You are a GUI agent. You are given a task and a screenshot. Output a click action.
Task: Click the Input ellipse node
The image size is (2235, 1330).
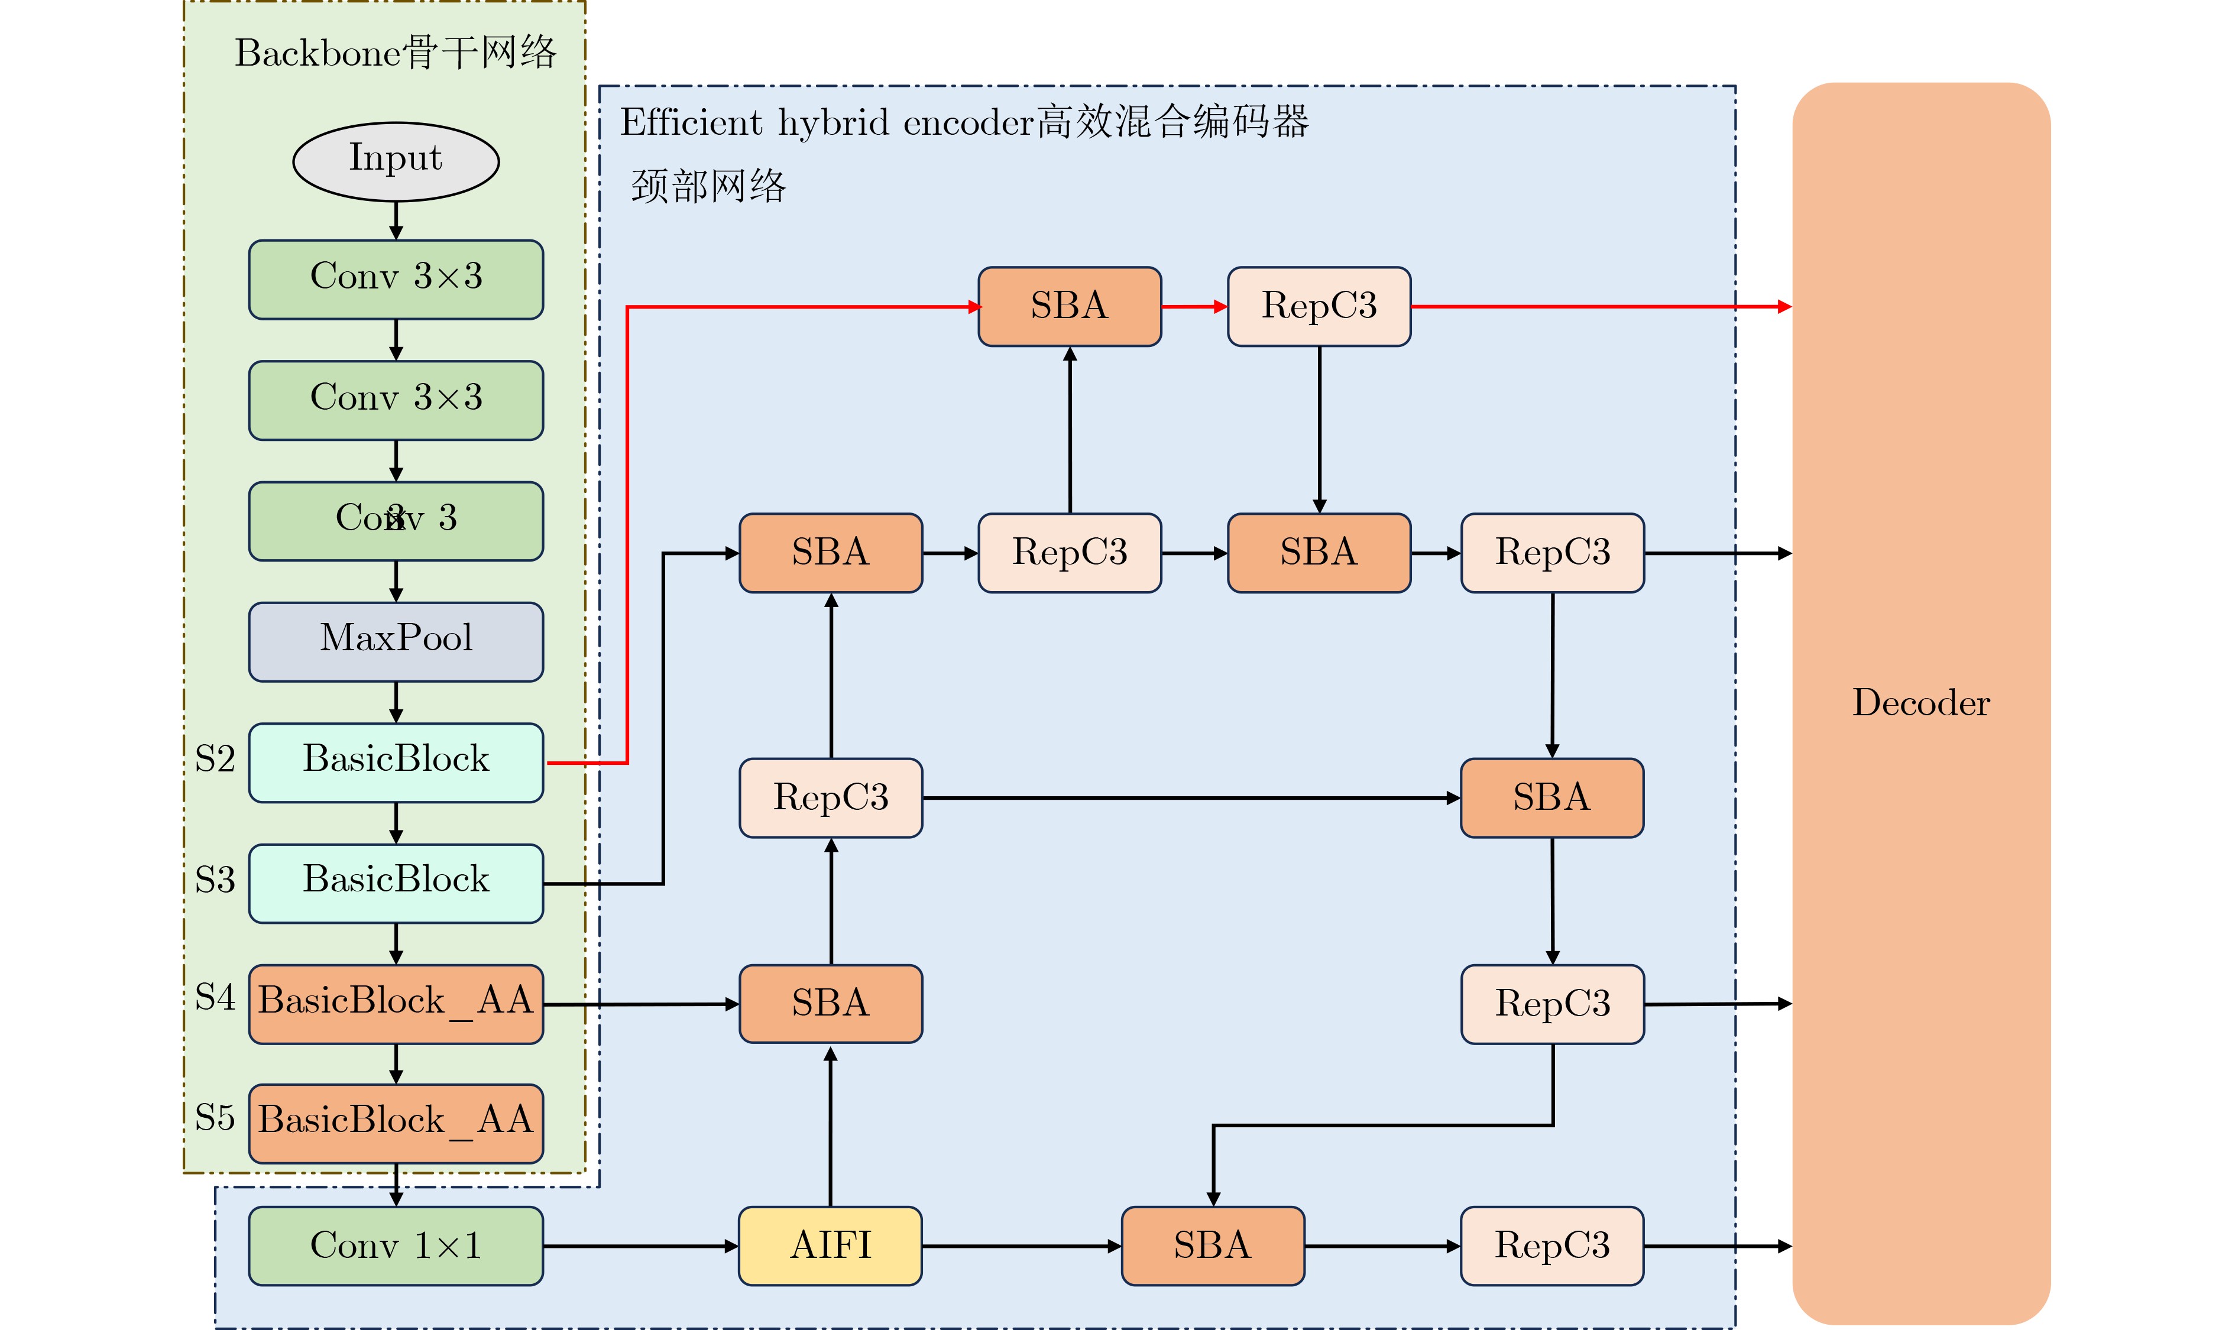coord(396,161)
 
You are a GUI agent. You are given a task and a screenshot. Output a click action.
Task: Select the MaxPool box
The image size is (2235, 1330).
coord(396,642)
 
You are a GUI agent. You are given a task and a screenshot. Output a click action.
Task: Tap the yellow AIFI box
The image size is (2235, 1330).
coord(830,1245)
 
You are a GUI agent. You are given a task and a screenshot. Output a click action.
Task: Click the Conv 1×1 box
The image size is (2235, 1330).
coord(396,1245)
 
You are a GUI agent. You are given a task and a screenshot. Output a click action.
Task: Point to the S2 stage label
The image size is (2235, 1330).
coord(215,759)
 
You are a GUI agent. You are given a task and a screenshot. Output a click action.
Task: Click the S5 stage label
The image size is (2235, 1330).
coord(215,1118)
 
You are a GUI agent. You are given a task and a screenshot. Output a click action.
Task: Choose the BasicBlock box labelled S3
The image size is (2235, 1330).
coord(396,883)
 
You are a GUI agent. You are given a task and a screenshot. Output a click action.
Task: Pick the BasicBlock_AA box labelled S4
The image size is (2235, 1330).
coord(396,1004)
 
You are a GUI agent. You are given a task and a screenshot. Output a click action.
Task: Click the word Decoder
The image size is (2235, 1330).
coord(1920,703)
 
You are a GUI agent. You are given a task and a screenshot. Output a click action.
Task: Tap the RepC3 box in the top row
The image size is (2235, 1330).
coord(1319,307)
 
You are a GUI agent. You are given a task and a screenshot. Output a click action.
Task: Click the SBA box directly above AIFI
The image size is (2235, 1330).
coord(830,1004)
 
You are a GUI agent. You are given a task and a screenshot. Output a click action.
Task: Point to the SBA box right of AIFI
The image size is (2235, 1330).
coord(1213,1245)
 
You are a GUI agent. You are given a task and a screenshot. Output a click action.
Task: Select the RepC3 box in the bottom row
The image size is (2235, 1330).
coord(1552,1245)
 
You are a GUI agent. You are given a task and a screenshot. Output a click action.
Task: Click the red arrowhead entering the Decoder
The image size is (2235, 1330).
coord(1784,307)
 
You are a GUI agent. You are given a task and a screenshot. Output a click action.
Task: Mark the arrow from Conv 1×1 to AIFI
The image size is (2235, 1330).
coord(641,1245)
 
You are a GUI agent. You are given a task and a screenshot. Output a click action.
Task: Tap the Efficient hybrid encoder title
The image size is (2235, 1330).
coord(964,122)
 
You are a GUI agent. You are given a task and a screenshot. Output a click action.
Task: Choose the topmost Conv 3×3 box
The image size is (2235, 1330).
coord(396,279)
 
